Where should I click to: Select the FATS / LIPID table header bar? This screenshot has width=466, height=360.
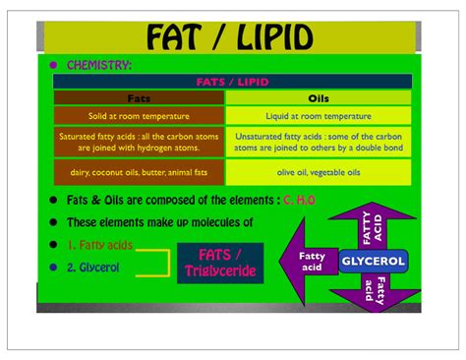232,82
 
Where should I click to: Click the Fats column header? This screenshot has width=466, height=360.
139,98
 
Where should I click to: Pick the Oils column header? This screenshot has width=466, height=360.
319,98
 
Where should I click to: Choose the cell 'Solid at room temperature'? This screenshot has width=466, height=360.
139,116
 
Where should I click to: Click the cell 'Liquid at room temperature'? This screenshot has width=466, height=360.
319,116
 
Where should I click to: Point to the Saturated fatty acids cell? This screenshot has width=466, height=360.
139,142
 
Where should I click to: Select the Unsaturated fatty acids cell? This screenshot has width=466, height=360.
319,142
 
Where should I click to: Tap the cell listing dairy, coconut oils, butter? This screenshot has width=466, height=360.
139,172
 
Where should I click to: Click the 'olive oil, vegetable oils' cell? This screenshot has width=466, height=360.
319,172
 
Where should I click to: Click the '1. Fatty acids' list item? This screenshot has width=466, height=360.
99,245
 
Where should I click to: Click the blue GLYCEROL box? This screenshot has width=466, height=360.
373,262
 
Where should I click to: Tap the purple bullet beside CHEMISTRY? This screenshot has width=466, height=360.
53,65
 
